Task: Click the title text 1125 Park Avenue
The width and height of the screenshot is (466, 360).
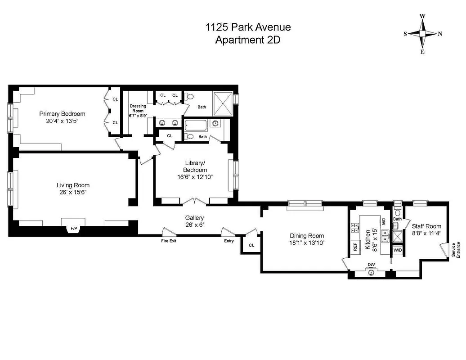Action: [x=248, y=27]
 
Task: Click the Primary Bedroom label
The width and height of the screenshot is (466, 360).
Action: [x=62, y=114]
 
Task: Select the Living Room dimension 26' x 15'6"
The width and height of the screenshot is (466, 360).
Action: [x=73, y=192]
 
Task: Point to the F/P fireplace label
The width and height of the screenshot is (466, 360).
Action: [x=73, y=229]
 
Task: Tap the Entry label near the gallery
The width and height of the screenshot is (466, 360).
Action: [x=229, y=241]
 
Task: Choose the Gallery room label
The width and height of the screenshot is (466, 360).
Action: [x=194, y=218]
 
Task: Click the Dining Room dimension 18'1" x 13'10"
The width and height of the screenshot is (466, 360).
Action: [x=307, y=243]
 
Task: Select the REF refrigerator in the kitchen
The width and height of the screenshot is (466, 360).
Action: [x=355, y=246]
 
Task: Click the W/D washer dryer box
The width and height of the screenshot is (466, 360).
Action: [x=398, y=250]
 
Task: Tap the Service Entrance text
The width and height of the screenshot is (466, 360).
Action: [x=456, y=250]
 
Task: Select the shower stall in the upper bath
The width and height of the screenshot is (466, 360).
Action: [x=223, y=103]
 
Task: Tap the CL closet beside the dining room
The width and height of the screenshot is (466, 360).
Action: [x=251, y=245]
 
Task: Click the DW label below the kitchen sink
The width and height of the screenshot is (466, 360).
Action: [x=371, y=265]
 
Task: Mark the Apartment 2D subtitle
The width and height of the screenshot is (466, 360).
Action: [x=248, y=40]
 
